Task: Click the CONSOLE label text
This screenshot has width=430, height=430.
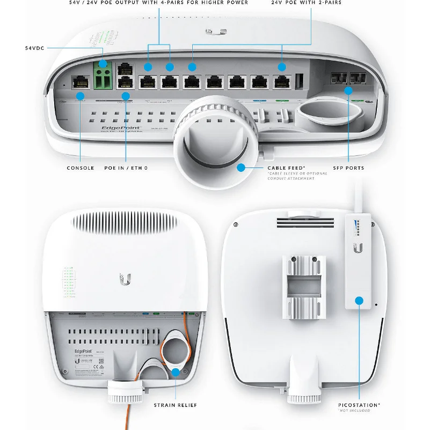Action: click(x=81, y=168)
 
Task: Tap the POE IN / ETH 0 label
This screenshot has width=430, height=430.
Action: click(x=126, y=168)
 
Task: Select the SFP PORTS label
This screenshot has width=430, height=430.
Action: click(x=348, y=168)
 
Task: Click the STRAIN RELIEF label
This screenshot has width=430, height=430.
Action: click(x=176, y=405)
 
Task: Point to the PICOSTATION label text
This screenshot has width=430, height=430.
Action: click(x=359, y=404)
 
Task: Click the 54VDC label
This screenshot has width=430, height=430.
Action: click(x=35, y=48)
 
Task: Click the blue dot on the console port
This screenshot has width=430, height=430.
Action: click(x=81, y=96)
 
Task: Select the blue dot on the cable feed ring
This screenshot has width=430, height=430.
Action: click(x=241, y=167)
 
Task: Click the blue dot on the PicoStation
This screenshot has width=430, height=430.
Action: click(x=359, y=301)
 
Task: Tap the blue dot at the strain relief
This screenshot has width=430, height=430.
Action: click(x=176, y=371)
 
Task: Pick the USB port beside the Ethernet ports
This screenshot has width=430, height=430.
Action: click(x=299, y=81)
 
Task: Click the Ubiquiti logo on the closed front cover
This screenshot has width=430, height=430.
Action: click(x=125, y=279)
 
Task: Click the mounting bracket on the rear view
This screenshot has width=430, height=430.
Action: click(x=304, y=285)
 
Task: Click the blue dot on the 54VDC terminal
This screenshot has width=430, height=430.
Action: click(x=103, y=65)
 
